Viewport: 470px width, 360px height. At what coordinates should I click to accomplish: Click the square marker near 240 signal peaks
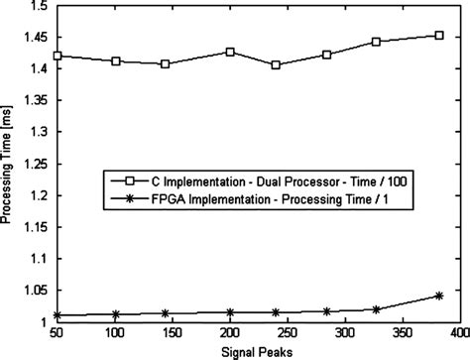pos(275,65)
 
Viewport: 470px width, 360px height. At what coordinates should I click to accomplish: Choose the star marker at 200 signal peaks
pos(230,312)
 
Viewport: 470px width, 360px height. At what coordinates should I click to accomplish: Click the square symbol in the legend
pos(122,180)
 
